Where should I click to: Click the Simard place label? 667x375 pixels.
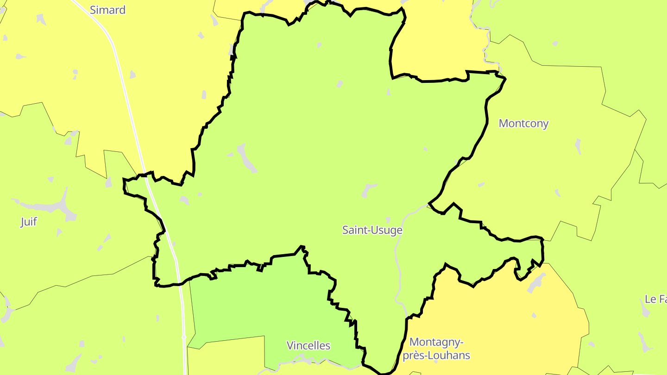pos(107,10)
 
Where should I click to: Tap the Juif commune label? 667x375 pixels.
pos(29,222)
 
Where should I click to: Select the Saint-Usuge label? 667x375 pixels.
pos(372,230)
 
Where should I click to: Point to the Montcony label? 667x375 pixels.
pos(523,124)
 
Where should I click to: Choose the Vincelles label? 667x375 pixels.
pos(308,345)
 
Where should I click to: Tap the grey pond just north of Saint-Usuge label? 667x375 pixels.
pos(369,189)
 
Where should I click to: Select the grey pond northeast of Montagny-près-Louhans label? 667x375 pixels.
pos(536,282)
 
